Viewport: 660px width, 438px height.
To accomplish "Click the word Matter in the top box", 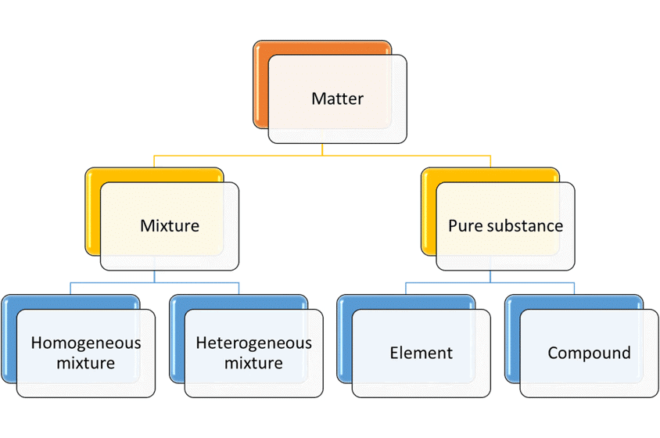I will (x=337, y=99).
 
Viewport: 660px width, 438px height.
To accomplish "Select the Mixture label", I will (x=170, y=226).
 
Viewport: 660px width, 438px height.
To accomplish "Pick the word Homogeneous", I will (x=86, y=343).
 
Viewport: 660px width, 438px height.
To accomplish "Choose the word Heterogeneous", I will (x=253, y=343).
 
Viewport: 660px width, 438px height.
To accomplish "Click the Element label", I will (x=421, y=353).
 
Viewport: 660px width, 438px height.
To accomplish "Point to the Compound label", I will (x=589, y=353).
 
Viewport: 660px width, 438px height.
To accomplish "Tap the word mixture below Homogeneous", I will (x=86, y=363).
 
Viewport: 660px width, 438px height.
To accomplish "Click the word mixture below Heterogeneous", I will (x=253, y=363).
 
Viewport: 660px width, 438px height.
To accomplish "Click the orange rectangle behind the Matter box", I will (x=260, y=86).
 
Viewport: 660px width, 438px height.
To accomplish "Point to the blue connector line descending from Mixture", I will (x=154, y=277).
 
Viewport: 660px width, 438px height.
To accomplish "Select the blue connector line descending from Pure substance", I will (x=490, y=277).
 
